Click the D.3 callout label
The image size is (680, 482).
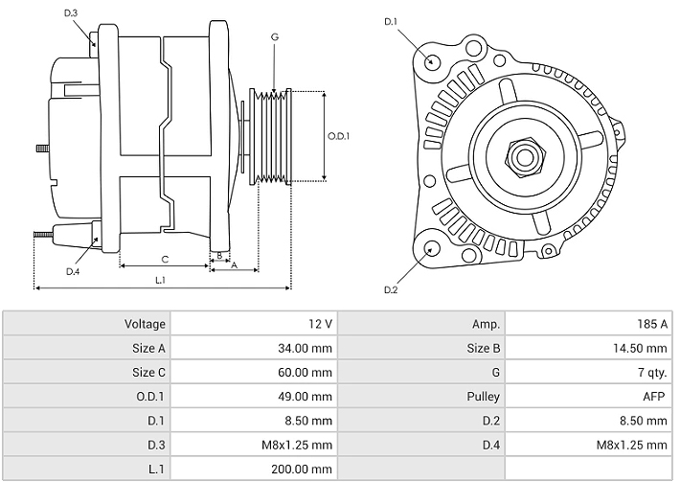[71, 12]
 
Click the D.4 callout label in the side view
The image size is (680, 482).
[73, 271]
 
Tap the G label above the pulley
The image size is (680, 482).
[274, 36]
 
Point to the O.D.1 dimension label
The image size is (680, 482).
[339, 136]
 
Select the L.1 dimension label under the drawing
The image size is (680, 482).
[161, 280]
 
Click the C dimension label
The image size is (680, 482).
[165, 259]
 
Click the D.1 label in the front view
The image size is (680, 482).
[390, 21]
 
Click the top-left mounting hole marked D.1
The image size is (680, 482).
[432, 62]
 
